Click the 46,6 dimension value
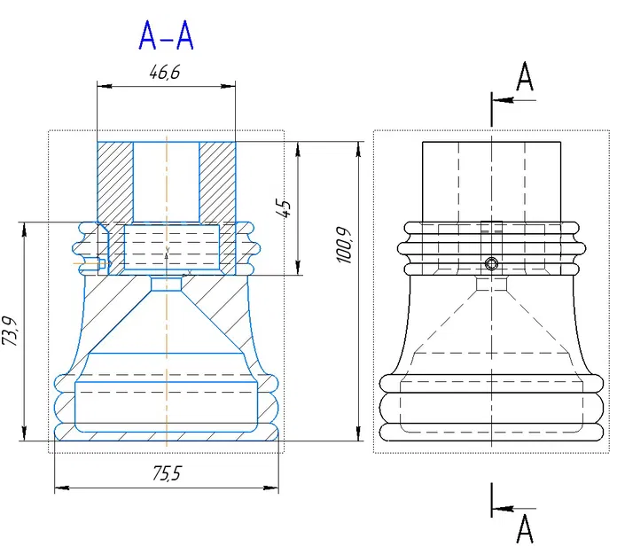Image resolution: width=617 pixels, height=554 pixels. [165, 74]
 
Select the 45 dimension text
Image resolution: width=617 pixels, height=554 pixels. [284, 208]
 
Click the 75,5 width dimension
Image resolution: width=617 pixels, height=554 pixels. [165, 474]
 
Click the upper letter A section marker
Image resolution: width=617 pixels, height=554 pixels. [525, 78]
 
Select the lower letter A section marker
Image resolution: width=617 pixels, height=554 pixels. [525, 529]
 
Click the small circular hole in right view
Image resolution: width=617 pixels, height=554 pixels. [490, 262]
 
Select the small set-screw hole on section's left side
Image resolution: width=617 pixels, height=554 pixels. [100, 262]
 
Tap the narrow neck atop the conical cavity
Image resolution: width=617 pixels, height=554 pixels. [166, 283]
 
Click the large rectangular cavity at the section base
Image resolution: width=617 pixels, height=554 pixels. [166, 403]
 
